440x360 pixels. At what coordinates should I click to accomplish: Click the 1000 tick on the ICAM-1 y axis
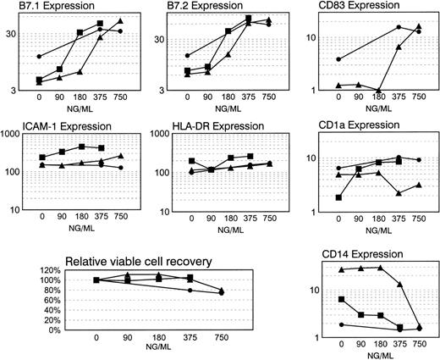pyautogui.click(x=14, y=135)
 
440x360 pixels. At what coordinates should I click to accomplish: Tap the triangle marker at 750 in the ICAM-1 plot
pyautogui.click(x=121, y=156)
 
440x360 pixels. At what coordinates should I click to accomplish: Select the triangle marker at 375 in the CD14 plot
pyautogui.click(x=399, y=285)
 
